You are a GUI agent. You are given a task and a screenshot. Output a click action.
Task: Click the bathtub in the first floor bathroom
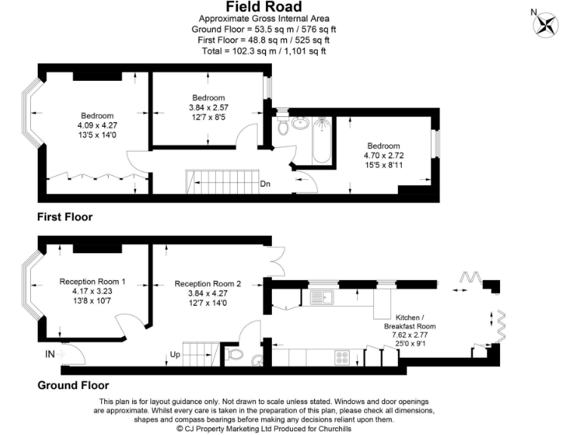321,139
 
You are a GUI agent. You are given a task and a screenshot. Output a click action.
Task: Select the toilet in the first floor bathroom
284,125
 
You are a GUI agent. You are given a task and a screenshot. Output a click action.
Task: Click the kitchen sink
318,297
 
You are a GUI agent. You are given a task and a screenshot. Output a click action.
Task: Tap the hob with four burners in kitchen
342,356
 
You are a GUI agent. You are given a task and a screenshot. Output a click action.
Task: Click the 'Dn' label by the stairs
265,184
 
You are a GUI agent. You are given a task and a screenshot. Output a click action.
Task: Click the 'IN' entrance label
49,353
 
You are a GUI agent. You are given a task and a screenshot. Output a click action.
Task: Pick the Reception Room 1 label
92,282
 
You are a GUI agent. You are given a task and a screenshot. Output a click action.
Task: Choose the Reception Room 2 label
208,284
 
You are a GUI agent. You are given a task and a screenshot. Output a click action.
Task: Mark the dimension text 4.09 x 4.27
94,125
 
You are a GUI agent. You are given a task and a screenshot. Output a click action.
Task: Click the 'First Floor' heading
65,217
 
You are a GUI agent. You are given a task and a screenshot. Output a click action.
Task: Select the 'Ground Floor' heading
73,384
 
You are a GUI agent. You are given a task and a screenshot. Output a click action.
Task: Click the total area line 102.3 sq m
264,51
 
